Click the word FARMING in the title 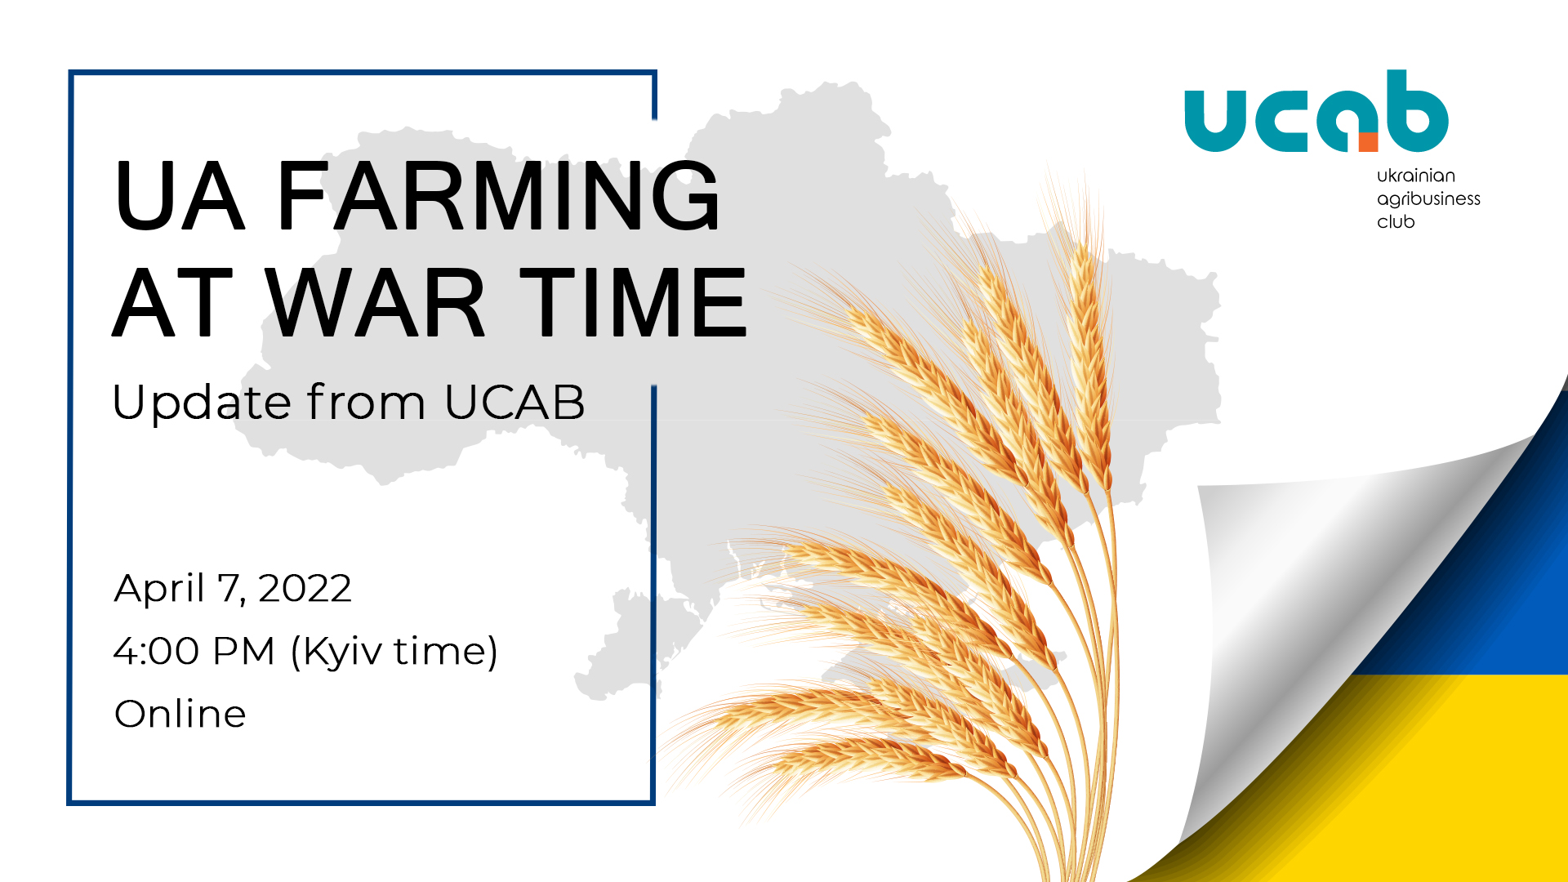(x=498, y=196)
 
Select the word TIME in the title (x=634, y=302)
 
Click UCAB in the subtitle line (x=515, y=402)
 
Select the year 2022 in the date (x=305, y=588)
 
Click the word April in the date (x=159, y=589)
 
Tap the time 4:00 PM (x=194, y=651)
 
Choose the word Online (x=180, y=714)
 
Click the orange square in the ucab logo (x=1368, y=141)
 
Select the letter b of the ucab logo (x=1414, y=111)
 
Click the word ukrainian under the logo (x=1416, y=176)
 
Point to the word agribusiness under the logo (x=1428, y=199)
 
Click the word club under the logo (x=1396, y=221)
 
